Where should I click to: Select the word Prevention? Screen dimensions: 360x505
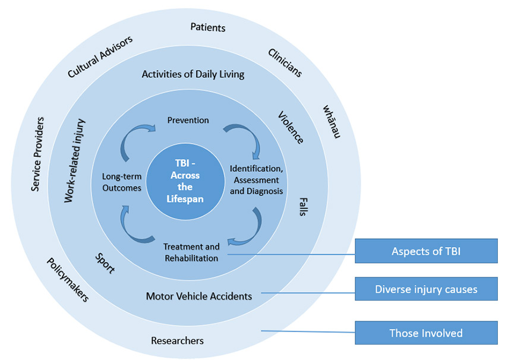coord(188,120)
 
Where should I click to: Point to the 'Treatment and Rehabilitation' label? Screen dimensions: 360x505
coord(191,252)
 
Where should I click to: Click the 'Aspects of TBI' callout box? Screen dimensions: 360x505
coord(425,251)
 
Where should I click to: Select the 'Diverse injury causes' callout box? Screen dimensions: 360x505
coord(425,289)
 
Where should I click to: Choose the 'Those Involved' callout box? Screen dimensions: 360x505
coord(425,333)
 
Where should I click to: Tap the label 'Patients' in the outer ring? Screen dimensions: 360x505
coord(208,27)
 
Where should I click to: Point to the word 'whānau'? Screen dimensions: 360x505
coord(332,122)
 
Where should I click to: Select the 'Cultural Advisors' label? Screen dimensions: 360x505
coord(100,56)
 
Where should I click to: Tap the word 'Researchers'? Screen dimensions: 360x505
coord(177,340)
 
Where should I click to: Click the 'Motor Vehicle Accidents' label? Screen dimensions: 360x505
coord(199,296)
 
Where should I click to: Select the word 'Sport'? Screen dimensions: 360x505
coord(105,262)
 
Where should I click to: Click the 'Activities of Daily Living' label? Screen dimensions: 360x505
coord(193,74)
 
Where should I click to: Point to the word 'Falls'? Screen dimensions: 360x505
coord(303,207)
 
